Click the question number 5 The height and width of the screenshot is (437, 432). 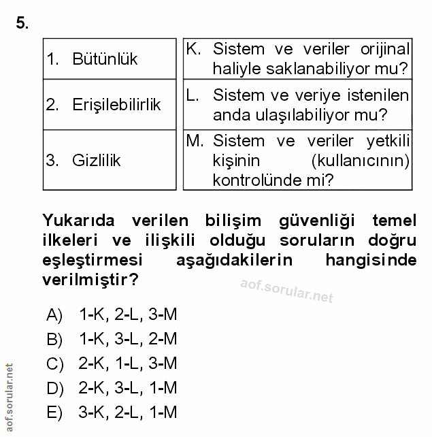[x=22, y=24]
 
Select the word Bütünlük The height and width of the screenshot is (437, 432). [x=105, y=59]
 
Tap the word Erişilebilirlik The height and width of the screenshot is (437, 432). [x=116, y=105]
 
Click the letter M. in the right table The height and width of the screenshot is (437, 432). [x=195, y=141]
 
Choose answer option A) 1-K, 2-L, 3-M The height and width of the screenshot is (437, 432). [x=112, y=315]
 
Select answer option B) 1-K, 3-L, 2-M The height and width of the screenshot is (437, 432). [x=112, y=339]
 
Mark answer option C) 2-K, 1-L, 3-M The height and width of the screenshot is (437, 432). [x=112, y=363]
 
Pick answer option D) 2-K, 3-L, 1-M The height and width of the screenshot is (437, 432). [x=112, y=387]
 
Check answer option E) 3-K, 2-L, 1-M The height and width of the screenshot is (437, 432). [x=112, y=412]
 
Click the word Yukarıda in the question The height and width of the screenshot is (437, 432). [x=80, y=221]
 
